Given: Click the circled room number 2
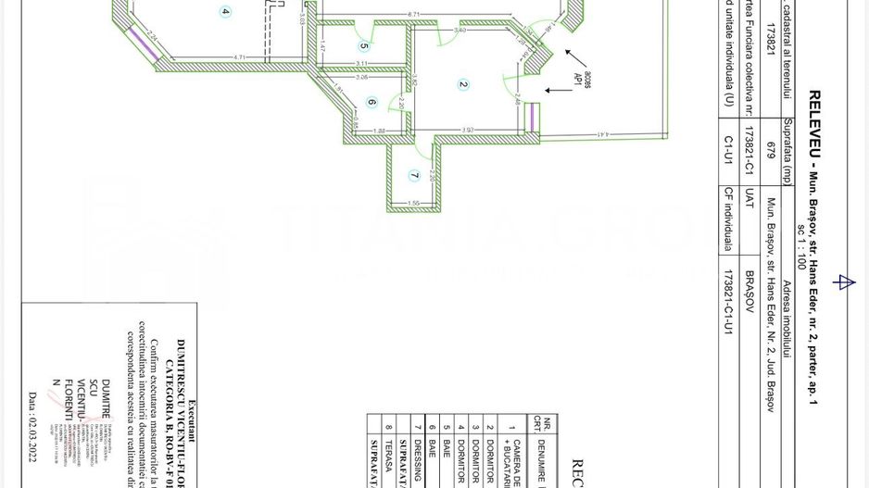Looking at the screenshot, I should click(x=463, y=84).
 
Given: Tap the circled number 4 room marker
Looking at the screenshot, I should click(x=225, y=12).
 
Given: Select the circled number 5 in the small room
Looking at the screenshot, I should click(x=364, y=45).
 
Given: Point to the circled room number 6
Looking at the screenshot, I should click(x=372, y=103).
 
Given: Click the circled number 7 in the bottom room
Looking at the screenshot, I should click(x=414, y=175).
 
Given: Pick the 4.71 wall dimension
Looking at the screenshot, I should click(x=239, y=57).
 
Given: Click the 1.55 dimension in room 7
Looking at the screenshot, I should click(x=414, y=203).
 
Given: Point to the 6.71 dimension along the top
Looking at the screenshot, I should click(x=414, y=14).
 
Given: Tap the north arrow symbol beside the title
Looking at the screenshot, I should click(x=843, y=282).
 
